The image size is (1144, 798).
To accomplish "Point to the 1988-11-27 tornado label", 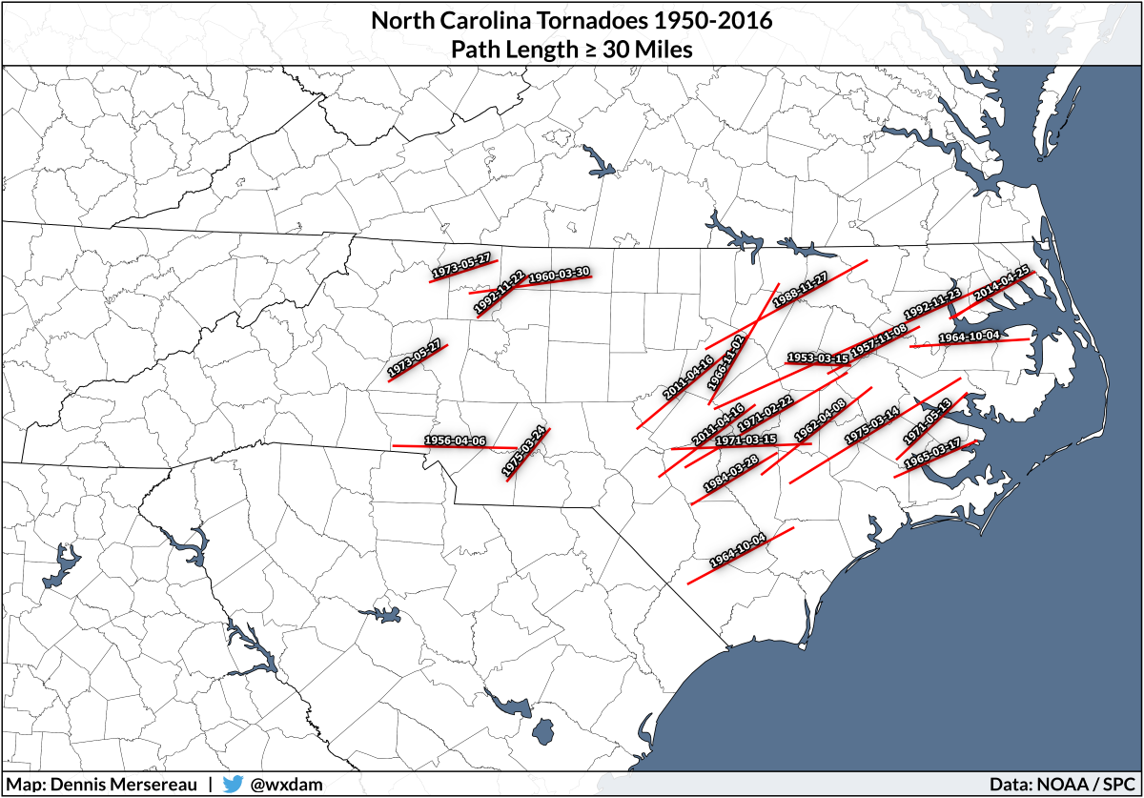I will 799,289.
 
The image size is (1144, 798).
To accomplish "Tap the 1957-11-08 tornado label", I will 879,339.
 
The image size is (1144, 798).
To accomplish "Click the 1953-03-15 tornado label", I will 817,358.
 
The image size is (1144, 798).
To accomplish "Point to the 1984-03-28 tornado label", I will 731,473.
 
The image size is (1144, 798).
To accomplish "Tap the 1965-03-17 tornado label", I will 932,451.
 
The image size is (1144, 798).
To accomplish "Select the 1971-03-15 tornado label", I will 746,440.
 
